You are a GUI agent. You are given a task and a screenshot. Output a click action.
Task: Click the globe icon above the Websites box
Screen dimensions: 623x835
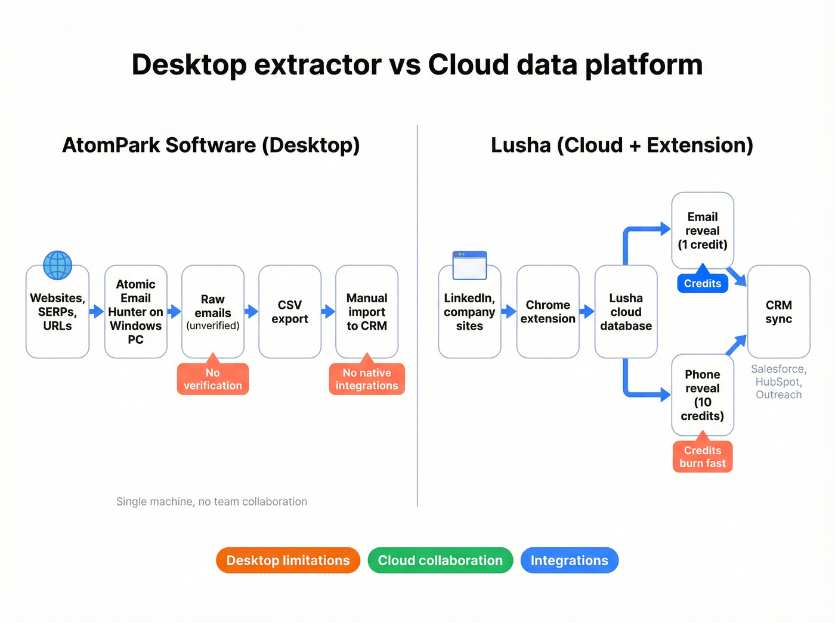coord(57,265)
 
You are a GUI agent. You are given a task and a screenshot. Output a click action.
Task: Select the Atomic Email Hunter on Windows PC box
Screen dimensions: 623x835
coord(135,312)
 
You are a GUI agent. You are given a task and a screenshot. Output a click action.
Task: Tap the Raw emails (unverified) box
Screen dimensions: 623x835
coord(212,312)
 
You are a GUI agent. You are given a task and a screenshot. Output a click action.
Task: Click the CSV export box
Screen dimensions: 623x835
coord(289,312)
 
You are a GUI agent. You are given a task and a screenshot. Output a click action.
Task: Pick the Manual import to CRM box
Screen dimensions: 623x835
coord(366,312)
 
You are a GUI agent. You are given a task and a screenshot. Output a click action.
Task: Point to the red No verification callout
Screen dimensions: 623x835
coord(212,379)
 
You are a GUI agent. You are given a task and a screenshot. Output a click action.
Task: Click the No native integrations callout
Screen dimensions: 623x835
coord(366,379)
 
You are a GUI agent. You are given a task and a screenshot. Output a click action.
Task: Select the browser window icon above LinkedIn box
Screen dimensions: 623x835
coord(469,265)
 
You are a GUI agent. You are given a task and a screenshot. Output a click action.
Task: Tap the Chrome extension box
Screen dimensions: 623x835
coord(548,312)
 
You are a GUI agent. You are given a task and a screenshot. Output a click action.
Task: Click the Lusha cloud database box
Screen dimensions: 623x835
coord(626,312)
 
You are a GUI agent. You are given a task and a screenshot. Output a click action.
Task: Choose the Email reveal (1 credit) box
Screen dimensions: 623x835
coord(702,231)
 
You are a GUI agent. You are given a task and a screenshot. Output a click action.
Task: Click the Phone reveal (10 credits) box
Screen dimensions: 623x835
coord(702,395)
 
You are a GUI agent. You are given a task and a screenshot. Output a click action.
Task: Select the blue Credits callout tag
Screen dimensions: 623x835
coord(702,283)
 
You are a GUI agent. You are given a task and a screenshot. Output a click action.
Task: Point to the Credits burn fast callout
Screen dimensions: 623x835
coord(702,457)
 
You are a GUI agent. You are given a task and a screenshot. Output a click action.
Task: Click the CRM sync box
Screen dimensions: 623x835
coord(778,312)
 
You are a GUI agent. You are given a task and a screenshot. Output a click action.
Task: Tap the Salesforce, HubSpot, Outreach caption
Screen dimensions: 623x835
coord(778,382)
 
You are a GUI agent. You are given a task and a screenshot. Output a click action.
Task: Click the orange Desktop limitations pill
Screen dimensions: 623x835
coord(288,560)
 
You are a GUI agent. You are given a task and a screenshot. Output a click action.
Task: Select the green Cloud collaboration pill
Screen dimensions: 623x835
coord(440,560)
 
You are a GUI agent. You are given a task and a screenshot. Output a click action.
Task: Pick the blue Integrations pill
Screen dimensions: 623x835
coord(569,560)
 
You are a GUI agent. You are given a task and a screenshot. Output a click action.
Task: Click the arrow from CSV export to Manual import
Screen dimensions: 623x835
coord(328,311)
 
